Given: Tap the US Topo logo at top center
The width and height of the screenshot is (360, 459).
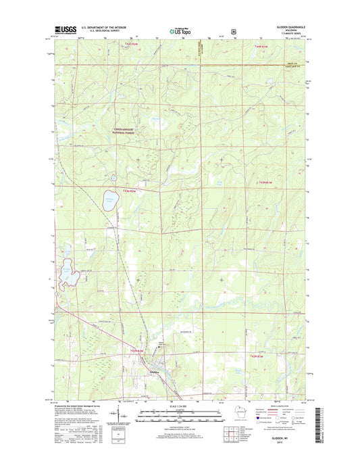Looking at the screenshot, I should [180, 30].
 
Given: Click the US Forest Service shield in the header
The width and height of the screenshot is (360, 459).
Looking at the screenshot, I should [233, 30].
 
